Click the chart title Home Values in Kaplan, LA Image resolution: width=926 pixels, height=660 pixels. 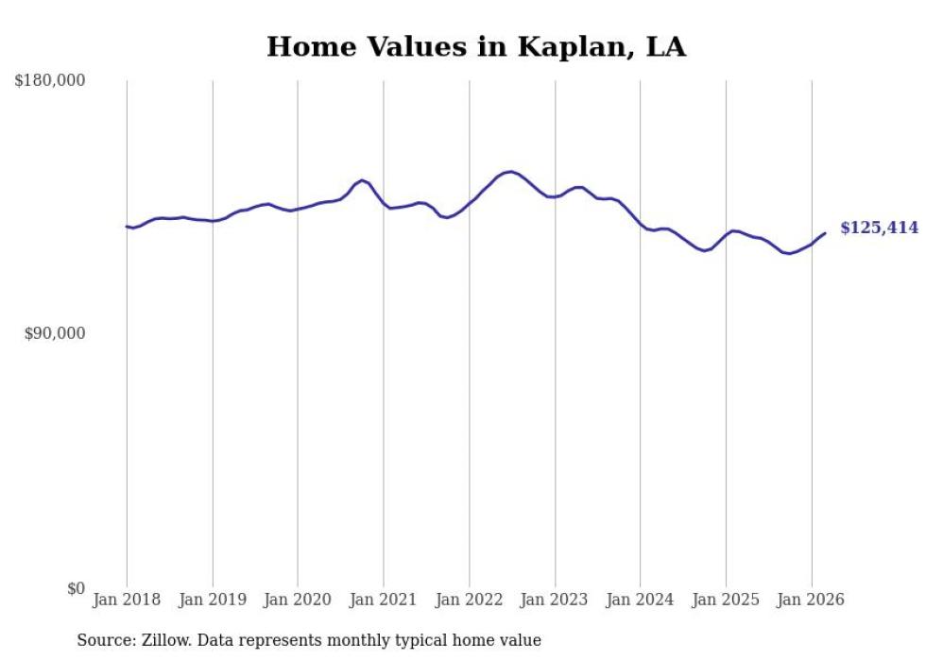(475, 46)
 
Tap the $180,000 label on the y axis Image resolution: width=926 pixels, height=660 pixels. (49, 81)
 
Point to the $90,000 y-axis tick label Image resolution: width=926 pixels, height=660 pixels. (54, 334)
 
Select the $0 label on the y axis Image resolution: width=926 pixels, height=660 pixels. (76, 589)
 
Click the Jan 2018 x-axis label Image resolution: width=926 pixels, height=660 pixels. (127, 600)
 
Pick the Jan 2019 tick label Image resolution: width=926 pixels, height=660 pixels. (213, 600)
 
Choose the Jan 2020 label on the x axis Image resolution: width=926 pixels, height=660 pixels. (298, 600)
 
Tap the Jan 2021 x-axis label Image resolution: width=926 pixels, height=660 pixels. (384, 600)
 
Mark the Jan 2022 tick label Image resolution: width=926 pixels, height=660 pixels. (470, 600)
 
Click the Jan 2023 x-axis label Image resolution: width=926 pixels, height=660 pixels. (555, 600)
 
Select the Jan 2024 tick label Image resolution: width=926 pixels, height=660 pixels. (641, 600)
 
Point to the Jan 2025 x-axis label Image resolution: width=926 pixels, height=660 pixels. (726, 600)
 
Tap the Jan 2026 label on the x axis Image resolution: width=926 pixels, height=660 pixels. (812, 600)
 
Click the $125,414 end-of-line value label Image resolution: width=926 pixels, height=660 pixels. (878, 228)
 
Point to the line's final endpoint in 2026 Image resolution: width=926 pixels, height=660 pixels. (825, 233)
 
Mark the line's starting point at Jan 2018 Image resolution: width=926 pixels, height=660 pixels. (127, 227)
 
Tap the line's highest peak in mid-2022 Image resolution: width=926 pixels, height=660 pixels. (510, 172)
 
